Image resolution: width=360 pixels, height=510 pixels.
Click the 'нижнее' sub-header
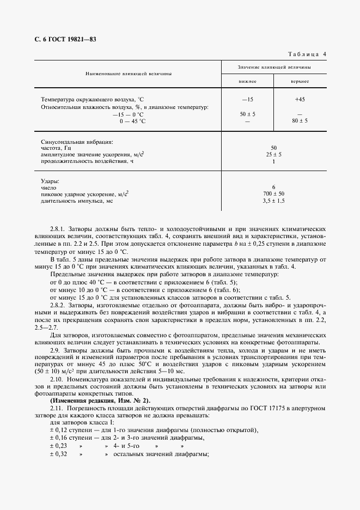(x=247, y=81)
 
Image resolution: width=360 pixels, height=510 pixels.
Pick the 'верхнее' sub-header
(x=300, y=81)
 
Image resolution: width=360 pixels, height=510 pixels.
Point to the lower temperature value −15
(x=247, y=100)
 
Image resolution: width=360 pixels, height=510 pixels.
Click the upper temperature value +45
(x=300, y=100)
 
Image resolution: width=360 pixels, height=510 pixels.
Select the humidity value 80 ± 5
(x=300, y=120)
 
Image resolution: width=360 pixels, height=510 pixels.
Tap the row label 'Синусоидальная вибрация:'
(x=77, y=142)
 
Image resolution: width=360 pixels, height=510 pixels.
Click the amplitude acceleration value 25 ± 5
(x=273, y=155)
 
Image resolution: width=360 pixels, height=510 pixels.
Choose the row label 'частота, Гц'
(x=57, y=148)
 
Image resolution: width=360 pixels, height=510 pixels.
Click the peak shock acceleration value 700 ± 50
(x=273, y=194)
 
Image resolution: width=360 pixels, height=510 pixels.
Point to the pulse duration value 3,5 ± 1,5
(x=273, y=201)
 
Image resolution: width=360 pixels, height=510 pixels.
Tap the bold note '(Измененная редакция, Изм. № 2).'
(x=95, y=400)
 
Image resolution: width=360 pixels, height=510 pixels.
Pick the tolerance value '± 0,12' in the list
(x=58, y=430)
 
